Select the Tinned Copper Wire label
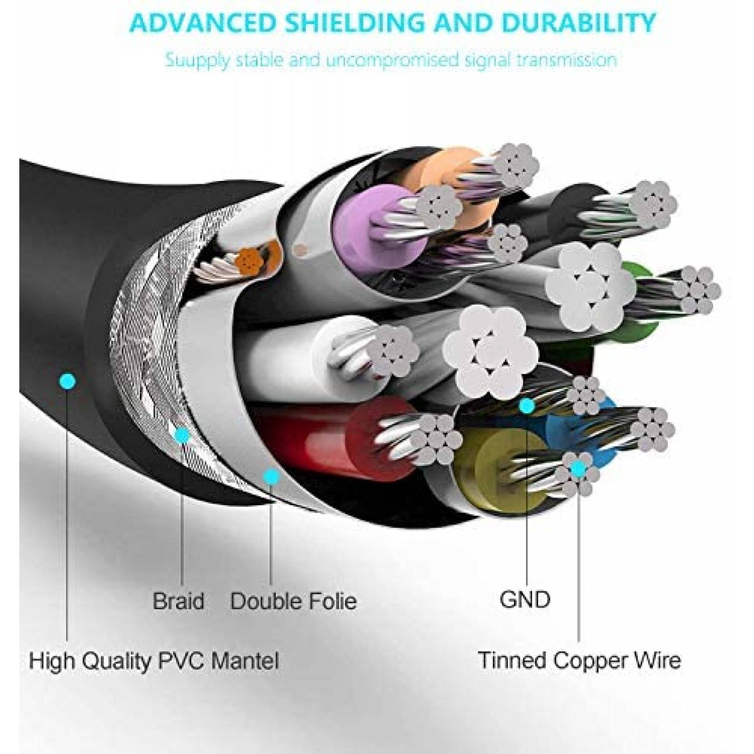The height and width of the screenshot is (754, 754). (579, 660)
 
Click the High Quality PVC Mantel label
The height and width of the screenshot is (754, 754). (154, 661)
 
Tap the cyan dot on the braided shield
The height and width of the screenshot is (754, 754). (182, 435)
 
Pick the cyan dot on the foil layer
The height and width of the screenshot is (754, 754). (271, 476)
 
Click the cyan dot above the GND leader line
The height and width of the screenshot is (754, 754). (526, 405)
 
